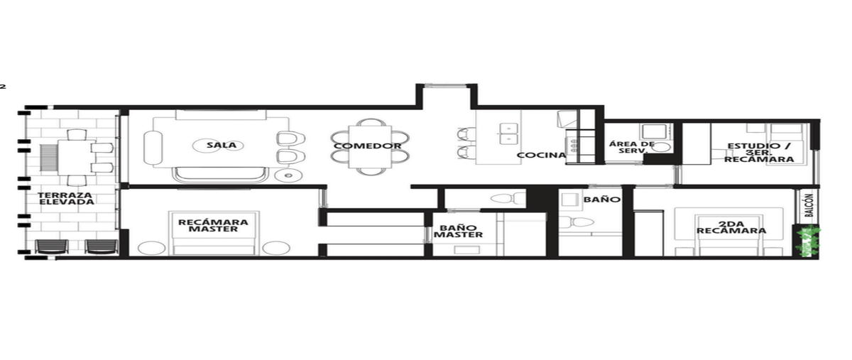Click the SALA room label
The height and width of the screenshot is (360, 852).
(x=222, y=145)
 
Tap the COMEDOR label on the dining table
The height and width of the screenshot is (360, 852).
(x=368, y=146)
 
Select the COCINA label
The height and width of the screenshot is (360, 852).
(x=541, y=156)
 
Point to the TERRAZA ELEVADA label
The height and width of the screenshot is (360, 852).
(x=66, y=199)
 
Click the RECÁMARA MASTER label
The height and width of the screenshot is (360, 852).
(x=213, y=226)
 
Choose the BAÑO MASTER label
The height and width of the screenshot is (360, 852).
(x=459, y=231)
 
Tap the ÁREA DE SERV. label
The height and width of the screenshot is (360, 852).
(x=632, y=147)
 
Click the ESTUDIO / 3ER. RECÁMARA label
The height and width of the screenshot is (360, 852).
(x=759, y=153)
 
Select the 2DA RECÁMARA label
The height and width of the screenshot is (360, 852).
(x=731, y=227)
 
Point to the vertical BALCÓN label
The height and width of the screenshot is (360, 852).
(x=809, y=205)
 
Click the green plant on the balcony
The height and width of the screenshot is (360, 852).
(x=807, y=242)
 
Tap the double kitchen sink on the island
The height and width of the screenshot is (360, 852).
(x=508, y=133)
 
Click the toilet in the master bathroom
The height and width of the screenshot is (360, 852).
(x=508, y=198)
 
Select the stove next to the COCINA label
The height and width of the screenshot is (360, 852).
(x=572, y=146)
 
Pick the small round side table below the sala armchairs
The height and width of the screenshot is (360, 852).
(x=288, y=175)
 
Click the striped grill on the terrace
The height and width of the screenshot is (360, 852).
(x=49, y=158)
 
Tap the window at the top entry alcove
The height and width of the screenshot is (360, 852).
(x=445, y=85)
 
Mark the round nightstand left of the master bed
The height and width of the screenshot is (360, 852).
(x=151, y=248)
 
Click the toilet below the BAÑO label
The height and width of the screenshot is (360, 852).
(x=577, y=222)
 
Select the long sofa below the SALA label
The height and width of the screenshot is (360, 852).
(x=220, y=175)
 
